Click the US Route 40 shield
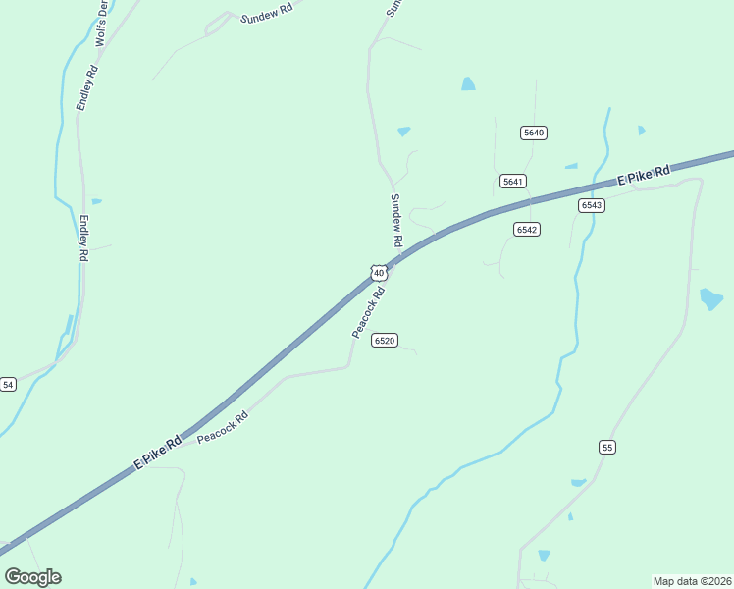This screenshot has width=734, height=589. (378, 272)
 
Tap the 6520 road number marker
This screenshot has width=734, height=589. (384, 341)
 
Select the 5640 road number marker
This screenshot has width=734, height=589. (534, 133)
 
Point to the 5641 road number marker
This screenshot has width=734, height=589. (512, 181)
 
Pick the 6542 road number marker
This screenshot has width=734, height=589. (527, 229)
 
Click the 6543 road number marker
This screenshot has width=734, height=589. (591, 205)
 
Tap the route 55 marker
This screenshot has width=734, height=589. (607, 447)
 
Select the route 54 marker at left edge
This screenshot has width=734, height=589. (8, 384)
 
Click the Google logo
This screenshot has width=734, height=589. (32, 576)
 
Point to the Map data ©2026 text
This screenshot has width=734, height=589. (692, 580)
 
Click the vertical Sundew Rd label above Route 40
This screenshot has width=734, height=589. (396, 220)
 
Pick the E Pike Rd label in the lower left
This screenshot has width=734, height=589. (158, 452)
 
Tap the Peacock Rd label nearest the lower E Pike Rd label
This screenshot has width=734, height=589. (223, 428)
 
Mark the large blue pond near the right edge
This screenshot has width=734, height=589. (710, 298)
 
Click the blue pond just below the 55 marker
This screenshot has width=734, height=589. (578, 482)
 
